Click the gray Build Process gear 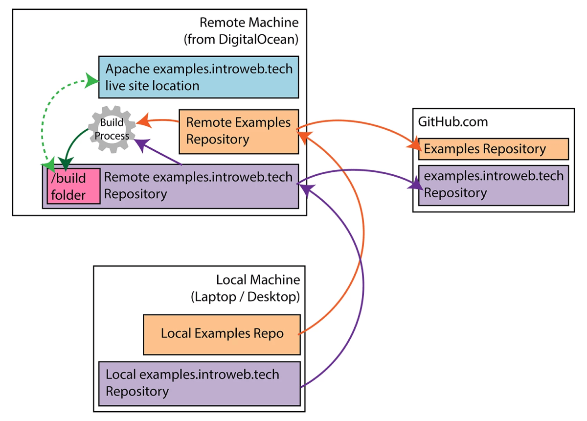tap(113, 130)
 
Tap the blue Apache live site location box tap(198, 76)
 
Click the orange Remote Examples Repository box tap(238, 131)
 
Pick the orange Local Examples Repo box tap(222, 334)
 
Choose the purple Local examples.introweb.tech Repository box tap(199, 383)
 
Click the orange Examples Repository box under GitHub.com tap(493, 149)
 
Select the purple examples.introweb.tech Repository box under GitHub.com tap(493, 185)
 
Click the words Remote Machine tap(248, 23)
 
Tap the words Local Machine tap(258, 280)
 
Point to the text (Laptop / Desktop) tap(245, 297)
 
